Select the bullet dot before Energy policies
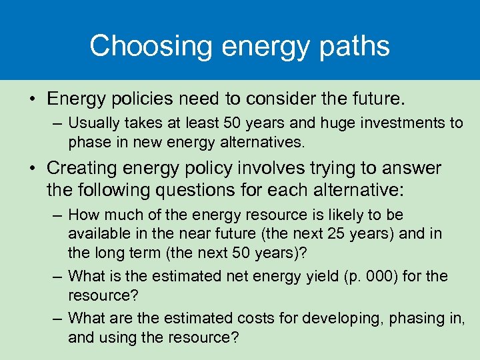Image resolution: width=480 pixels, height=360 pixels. point(32,100)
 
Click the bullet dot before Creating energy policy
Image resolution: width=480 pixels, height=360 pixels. point(32,169)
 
